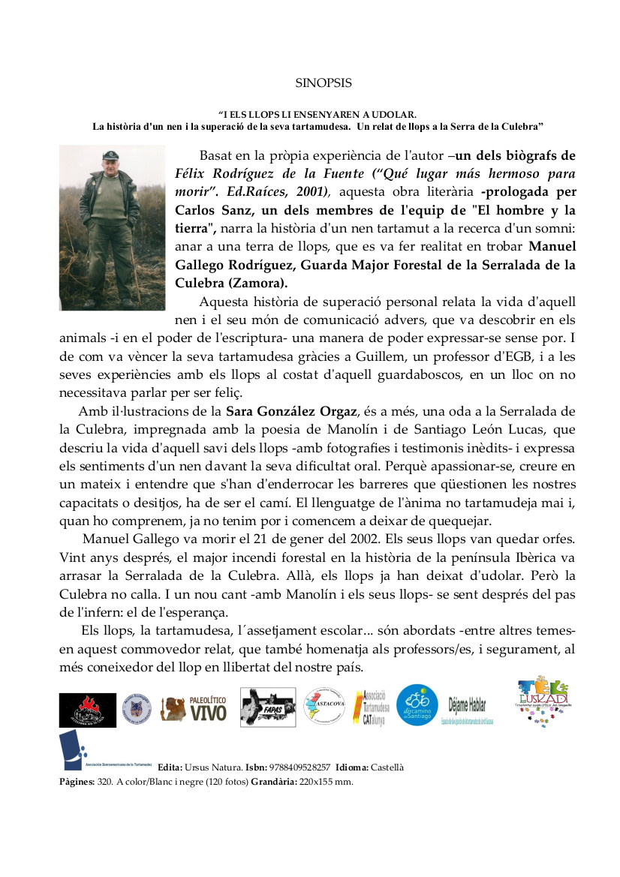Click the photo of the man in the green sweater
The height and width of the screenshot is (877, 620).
click(x=112, y=227)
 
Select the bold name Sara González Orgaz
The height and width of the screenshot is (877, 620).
click(x=292, y=411)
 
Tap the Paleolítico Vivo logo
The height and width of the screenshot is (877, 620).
click(x=194, y=709)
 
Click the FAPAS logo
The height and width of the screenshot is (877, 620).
click(x=268, y=707)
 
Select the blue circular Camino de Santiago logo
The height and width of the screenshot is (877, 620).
click(x=417, y=705)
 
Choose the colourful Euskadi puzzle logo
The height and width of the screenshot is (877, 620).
click(x=543, y=700)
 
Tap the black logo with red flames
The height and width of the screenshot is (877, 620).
click(x=88, y=710)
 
